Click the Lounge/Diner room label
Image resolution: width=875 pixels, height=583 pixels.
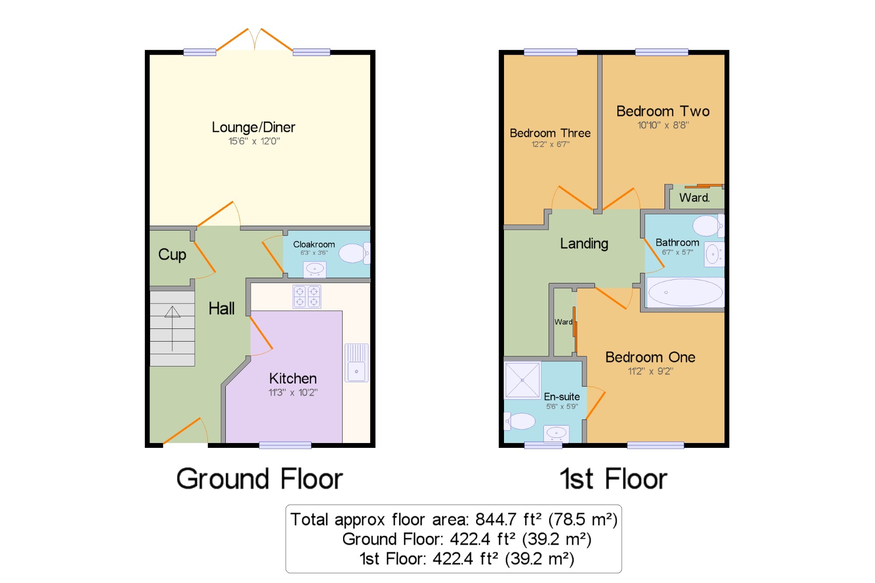pos(253,127)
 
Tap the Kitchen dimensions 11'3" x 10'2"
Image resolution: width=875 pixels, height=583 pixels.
pos(293,392)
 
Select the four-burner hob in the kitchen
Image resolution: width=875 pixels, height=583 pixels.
pos(307,297)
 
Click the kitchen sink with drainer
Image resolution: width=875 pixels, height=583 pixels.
pos(357,363)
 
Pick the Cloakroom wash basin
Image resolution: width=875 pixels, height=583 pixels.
pos(315,269)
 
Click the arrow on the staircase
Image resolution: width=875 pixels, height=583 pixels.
pos(172,328)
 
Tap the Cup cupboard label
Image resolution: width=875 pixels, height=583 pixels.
pos(172,255)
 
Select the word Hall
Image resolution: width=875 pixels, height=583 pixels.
pos(221,308)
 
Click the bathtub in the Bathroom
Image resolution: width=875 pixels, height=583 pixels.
pos(685,292)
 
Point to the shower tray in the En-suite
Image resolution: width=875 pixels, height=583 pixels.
pos(522,380)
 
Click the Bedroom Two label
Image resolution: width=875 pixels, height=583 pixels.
pos(663,111)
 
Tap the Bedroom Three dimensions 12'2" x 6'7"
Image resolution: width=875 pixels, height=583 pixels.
pos(550,144)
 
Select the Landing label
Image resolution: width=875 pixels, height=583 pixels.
pos(584,244)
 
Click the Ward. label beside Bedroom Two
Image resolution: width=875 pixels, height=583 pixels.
pos(694,198)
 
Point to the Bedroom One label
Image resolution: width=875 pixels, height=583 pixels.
pos(650,357)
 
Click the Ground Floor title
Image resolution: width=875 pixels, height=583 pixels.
pos(259,479)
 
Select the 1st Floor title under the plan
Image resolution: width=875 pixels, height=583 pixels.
pos(613,479)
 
